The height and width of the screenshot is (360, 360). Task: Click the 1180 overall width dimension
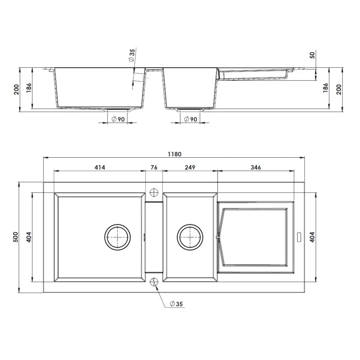(175, 154)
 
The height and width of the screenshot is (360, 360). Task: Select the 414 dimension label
(100, 167)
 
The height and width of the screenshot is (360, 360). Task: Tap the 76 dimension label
(154, 167)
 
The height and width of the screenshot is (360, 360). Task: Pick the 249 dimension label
(190, 167)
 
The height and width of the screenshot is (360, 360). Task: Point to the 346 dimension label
(256, 167)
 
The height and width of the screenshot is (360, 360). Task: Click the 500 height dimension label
(15, 237)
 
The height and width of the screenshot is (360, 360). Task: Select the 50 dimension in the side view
(312, 55)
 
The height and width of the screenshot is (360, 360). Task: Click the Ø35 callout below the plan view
(176, 304)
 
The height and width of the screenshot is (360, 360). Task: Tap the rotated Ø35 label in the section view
(132, 56)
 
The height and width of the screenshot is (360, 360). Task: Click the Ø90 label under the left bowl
(118, 119)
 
